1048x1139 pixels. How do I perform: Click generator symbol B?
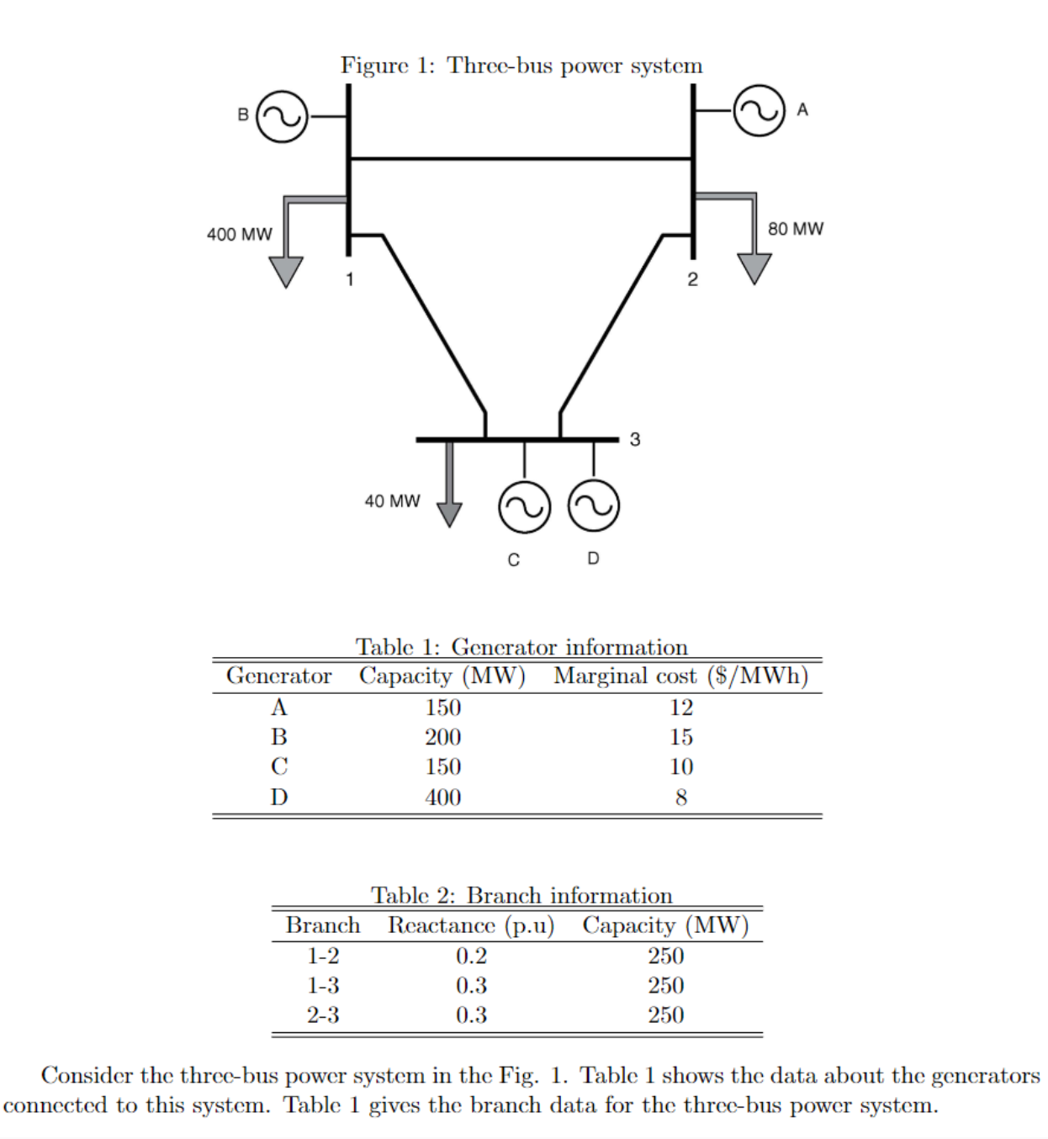pyautogui.click(x=282, y=117)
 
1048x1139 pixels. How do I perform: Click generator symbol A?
pyautogui.click(x=759, y=110)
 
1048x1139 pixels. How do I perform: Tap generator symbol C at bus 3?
pyautogui.click(x=524, y=507)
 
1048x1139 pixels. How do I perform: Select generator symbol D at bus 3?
pyautogui.click(x=594, y=506)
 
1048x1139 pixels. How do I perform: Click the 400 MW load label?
pyautogui.click(x=240, y=235)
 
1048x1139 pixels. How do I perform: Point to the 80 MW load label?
pyautogui.click(x=795, y=229)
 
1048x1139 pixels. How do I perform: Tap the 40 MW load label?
pyautogui.click(x=392, y=501)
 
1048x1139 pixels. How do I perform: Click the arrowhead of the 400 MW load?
pyautogui.click(x=286, y=272)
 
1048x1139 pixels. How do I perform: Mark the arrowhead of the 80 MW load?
pyautogui.click(x=754, y=268)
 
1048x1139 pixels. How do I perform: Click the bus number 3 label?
pyautogui.click(x=635, y=440)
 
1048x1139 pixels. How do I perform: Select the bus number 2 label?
pyautogui.click(x=692, y=280)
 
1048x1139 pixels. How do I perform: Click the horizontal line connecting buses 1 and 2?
pyautogui.click(x=521, y=158)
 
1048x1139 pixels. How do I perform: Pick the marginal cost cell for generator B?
pyautogui.click(x=680, y=738)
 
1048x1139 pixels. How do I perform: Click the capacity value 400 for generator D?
pyautogui.click(x=442, y=797)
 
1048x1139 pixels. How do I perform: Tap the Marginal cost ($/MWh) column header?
pyautogui.click(x=680, y=676)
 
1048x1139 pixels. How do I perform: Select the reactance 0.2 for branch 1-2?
pyautogui.click(x=471, y=956)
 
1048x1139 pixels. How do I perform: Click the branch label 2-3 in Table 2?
pyautogui.click(x=323, y=1015)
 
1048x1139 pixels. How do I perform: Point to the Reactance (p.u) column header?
pyautogui.click(x=471, y=926)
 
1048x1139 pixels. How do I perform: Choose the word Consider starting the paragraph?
pyautogui.click(x=87, y=1076)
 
